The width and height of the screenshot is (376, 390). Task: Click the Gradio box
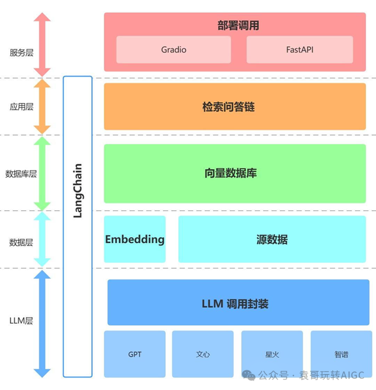coord(173,49)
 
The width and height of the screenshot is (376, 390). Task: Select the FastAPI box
coord(300,49)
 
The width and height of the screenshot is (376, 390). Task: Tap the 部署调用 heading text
coord(238,25)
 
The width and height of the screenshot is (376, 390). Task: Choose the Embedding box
coord(134,239)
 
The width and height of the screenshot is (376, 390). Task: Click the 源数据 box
coord(272,239)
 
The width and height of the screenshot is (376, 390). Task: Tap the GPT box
coord(134,354)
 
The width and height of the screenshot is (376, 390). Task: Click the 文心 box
coord(203,354)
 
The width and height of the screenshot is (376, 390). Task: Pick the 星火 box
coord(272,354)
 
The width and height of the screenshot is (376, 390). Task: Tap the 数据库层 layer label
coord(21,174)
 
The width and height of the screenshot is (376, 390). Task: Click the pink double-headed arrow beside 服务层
coord(42,44)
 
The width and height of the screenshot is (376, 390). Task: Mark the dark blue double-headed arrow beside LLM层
coord(42,323)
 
